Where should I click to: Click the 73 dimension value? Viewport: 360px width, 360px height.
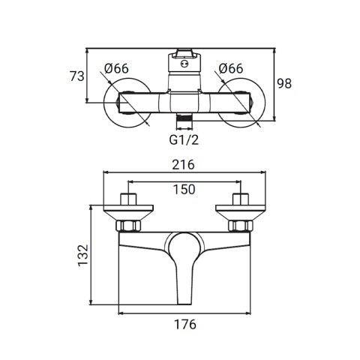point(77,76)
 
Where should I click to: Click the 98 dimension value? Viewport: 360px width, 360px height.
point(284,83)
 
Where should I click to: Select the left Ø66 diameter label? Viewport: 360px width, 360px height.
point(116,68)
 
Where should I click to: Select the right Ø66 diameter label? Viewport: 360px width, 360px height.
point(231,68)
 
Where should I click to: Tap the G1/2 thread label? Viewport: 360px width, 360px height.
point(184,140)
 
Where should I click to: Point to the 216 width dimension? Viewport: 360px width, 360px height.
point(184,165)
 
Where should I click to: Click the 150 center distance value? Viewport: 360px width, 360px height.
point(184,190)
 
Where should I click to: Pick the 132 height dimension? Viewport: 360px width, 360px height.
point(83,255)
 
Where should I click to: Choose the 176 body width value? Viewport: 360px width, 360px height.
point(185,325)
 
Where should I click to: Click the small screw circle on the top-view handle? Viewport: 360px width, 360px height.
point(184,64)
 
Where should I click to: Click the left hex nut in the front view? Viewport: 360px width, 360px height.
point(128,226)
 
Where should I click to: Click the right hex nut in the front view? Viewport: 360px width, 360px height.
point(241,226)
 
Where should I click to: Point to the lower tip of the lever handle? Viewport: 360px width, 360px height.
point(184,304)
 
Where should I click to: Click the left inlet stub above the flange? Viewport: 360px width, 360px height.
point(128,199)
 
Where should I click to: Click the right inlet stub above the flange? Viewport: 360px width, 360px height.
point(241,199)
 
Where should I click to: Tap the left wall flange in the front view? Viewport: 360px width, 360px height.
point(128,213)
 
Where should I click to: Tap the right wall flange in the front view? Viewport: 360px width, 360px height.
point(241,213)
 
